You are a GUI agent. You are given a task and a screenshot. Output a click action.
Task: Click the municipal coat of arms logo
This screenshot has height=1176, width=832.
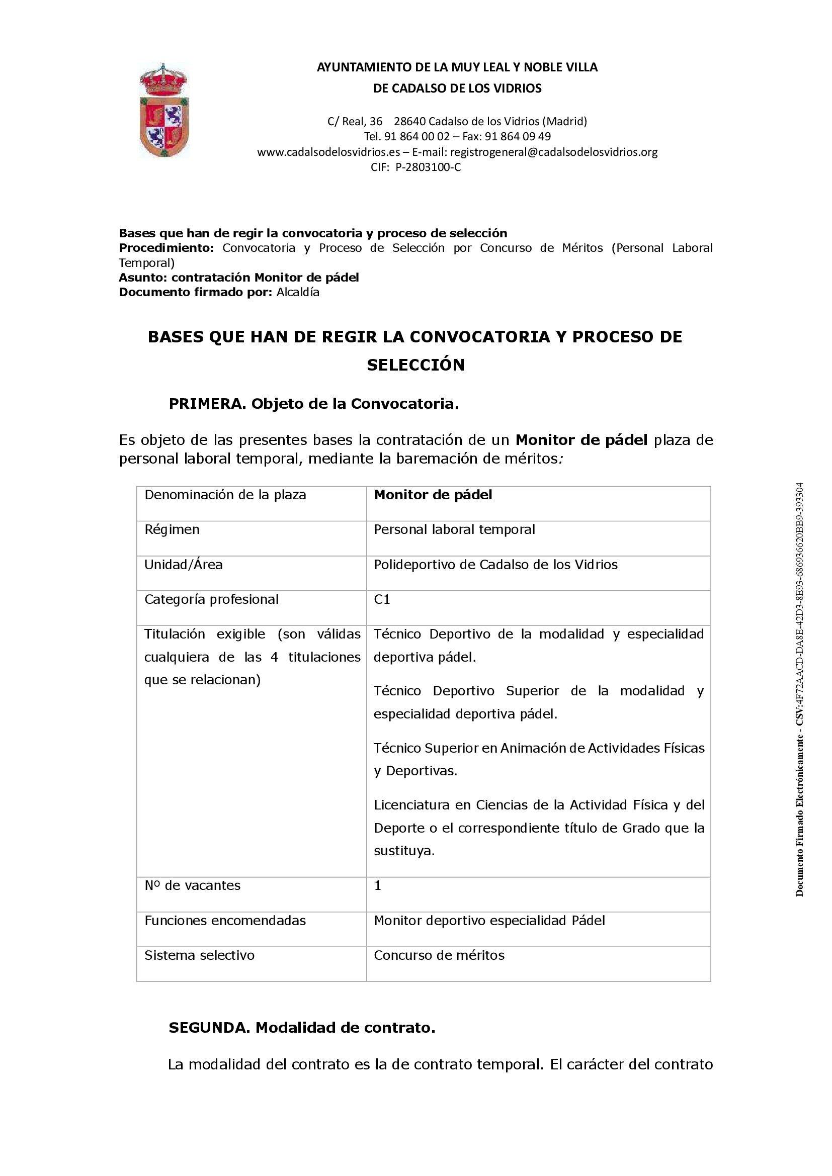tap(164, 110)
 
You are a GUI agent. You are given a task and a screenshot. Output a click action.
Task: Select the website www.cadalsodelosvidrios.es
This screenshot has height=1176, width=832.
tap(328, 152)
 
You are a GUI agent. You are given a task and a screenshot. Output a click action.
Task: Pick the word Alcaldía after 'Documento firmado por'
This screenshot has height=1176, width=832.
tap(298, 292)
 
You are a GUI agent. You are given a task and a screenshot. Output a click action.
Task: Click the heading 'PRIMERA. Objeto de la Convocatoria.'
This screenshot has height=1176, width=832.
tap(313, 404)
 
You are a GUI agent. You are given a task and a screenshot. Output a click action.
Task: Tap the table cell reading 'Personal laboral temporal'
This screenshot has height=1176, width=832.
tap(454, 529)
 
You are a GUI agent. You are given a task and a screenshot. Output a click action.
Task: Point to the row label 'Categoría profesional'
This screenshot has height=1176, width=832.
tap(212, 599)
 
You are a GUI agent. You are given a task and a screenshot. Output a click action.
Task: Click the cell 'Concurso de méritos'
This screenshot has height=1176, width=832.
tap(439, 955)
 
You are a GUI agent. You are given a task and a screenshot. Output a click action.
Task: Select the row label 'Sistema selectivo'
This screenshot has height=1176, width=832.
tap(199, 955)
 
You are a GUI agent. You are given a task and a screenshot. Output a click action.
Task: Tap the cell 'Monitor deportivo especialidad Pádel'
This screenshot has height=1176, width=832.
tap(489, 920)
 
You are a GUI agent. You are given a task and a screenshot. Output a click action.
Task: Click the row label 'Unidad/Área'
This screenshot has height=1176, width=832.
tap(184, 565)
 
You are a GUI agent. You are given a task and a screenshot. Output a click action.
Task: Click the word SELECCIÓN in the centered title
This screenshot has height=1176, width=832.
tap(415, 365)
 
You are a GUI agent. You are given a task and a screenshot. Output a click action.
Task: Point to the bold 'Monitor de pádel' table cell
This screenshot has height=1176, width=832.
tap(433, 495)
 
